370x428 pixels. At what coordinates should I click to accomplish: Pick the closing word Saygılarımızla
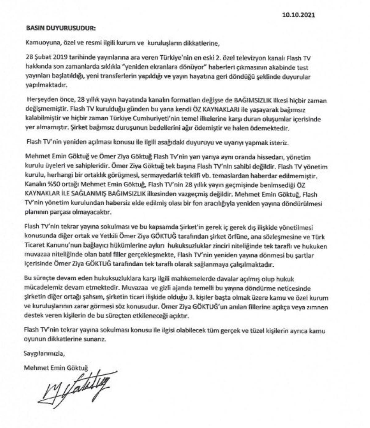click(45, 353)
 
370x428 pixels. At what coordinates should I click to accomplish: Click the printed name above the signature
click(56, 368)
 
